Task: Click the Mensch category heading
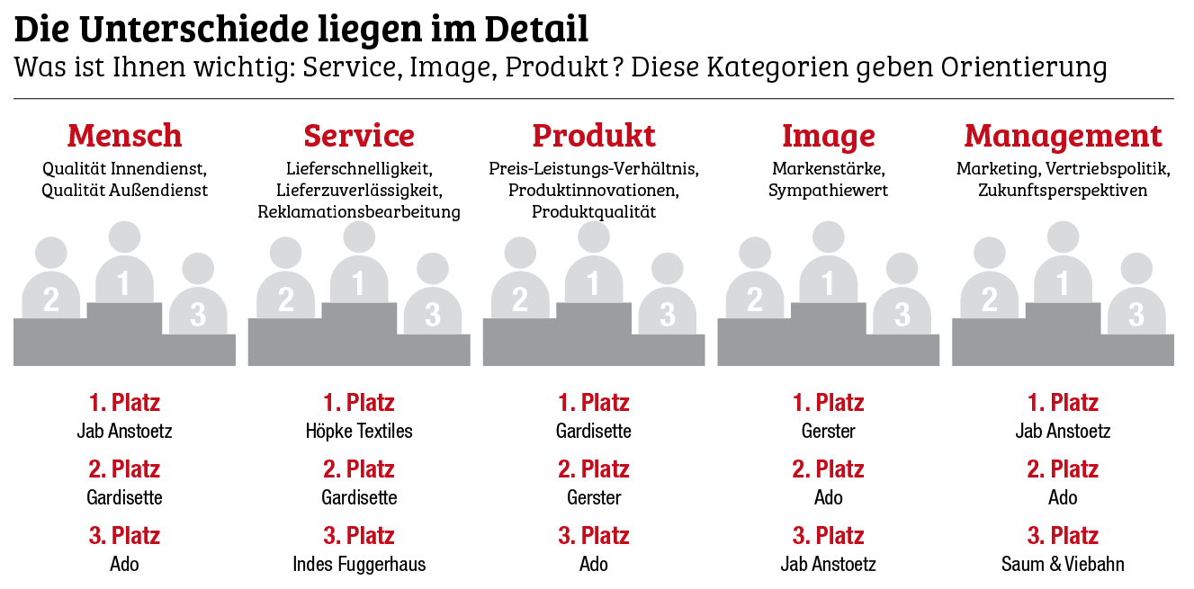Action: tap(124, 136)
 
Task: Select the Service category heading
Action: tap(359, 136)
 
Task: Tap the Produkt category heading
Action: tap(594, 136)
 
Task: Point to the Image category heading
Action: tap(828, 136)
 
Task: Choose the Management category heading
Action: tap(1063, 136)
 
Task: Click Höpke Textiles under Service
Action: tap(359, 431)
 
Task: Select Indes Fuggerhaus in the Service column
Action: tap(359, 565)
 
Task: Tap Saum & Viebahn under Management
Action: tap(1063, 565)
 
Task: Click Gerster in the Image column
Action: tap(828, 431)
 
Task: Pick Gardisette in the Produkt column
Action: tap(594, 431)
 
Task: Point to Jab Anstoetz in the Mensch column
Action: tap(124, 431)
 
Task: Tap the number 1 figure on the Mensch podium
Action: tap(124, 270)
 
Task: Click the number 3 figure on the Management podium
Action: tap(1136, 301)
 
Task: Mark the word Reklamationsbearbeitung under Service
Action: tap(359, 212)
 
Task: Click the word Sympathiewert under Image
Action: tap(828, 191)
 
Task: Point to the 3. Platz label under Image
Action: tap(828, 536)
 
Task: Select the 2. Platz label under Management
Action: tap(1063, 469)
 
